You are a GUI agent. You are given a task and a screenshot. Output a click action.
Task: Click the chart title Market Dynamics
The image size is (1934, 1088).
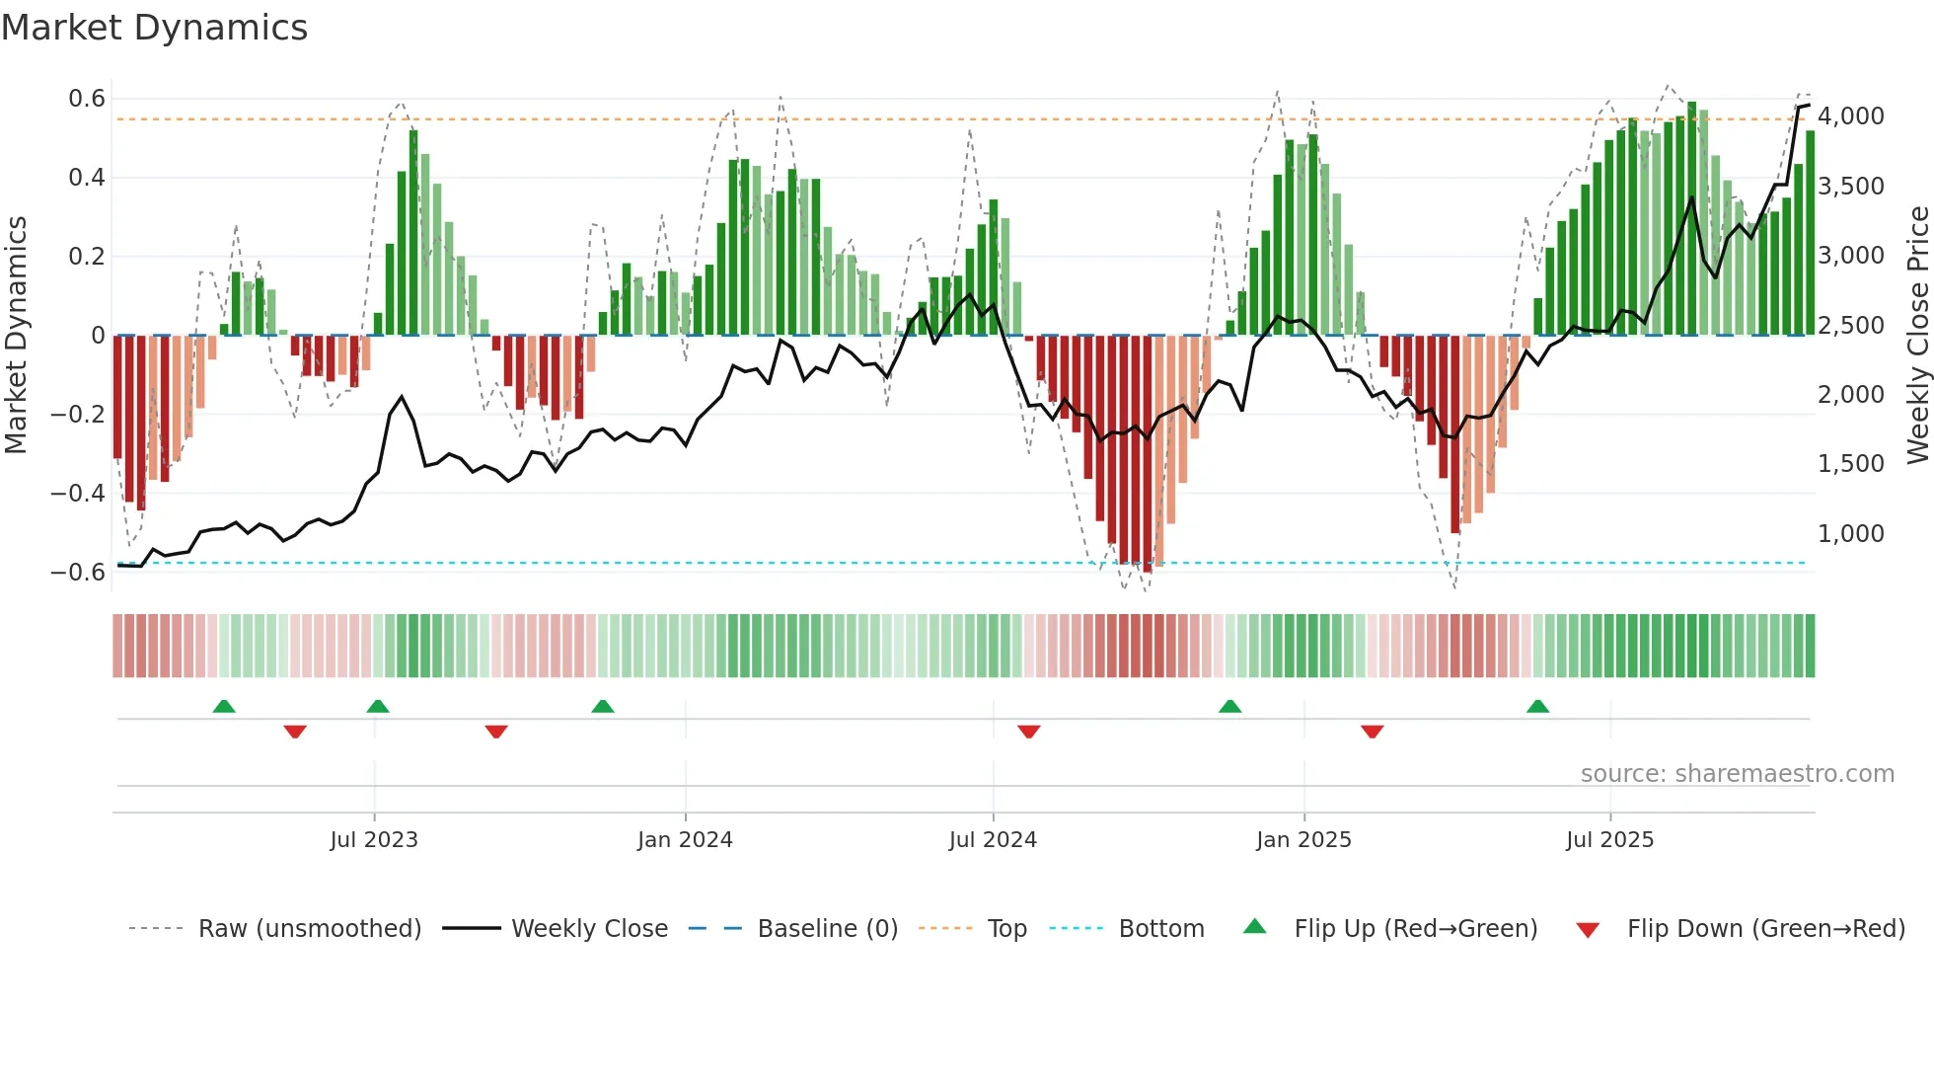[154, 28]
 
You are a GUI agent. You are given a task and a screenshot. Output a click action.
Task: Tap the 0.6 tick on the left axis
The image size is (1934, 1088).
[87, 99]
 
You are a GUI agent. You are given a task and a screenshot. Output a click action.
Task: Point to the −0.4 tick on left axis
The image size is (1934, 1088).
[78, 493]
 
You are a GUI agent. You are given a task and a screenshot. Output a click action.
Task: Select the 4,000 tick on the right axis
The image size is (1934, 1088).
[1851, 117]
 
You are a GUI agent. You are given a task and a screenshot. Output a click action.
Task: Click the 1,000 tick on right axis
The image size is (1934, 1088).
[1851, 534]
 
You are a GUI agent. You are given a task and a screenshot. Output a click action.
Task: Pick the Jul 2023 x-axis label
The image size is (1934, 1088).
[374, 840]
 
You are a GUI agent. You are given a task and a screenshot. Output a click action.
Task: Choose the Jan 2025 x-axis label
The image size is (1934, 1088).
[1303, 840]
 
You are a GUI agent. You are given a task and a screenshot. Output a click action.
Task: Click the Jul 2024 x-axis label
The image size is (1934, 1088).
[993, 840]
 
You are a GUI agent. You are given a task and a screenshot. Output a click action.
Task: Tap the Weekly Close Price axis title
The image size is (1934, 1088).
[1917, 336]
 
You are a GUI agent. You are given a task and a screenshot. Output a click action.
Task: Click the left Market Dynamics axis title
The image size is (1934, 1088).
[16, 336]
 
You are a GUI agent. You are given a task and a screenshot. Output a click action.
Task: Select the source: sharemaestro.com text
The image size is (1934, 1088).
[1737, 774]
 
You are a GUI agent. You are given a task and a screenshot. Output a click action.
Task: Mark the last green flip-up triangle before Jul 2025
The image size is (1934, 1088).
[1537, 706]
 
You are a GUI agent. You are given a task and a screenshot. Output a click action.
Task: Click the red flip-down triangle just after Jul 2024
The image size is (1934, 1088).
[1028, 732]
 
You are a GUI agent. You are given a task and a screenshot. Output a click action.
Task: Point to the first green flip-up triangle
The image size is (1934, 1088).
[224, 706]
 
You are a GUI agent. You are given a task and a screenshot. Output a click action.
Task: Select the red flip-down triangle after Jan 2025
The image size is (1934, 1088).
[1372, 732]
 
